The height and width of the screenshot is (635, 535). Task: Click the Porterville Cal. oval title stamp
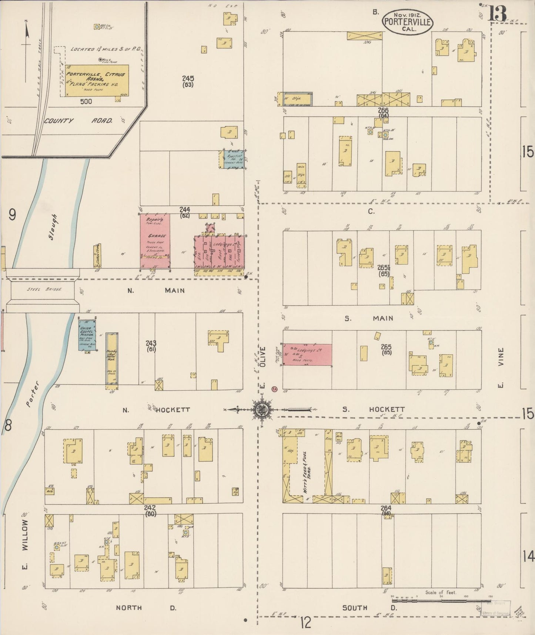[x=407, y=21]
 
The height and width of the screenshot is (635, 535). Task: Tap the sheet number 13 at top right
[x=497, y=14]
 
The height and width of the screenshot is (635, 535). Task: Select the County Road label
[x=78, y=120]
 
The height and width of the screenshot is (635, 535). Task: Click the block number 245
[x=188, y=79]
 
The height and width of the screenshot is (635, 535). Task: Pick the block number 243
[x=151, y=343]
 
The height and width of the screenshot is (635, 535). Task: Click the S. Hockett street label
[x=373, y=409]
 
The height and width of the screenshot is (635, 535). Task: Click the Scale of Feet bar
[x=441, y=600]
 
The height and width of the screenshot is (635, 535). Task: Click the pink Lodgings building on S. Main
[x=307, y=354]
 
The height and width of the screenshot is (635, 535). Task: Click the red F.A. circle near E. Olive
[x=274, y=389]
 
